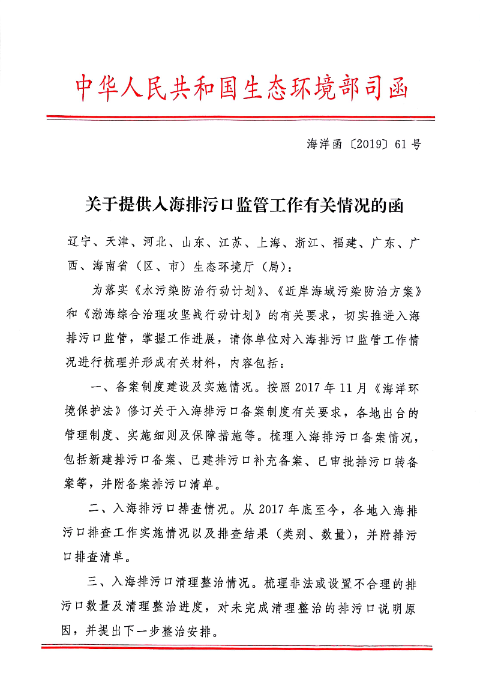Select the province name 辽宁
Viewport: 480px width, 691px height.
[77, 243]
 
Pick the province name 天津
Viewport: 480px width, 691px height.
[116, 243]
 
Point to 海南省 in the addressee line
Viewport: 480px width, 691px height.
[112, 265]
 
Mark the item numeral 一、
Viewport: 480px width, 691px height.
[98, 387]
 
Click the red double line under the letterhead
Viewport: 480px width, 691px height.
[240, 117]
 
